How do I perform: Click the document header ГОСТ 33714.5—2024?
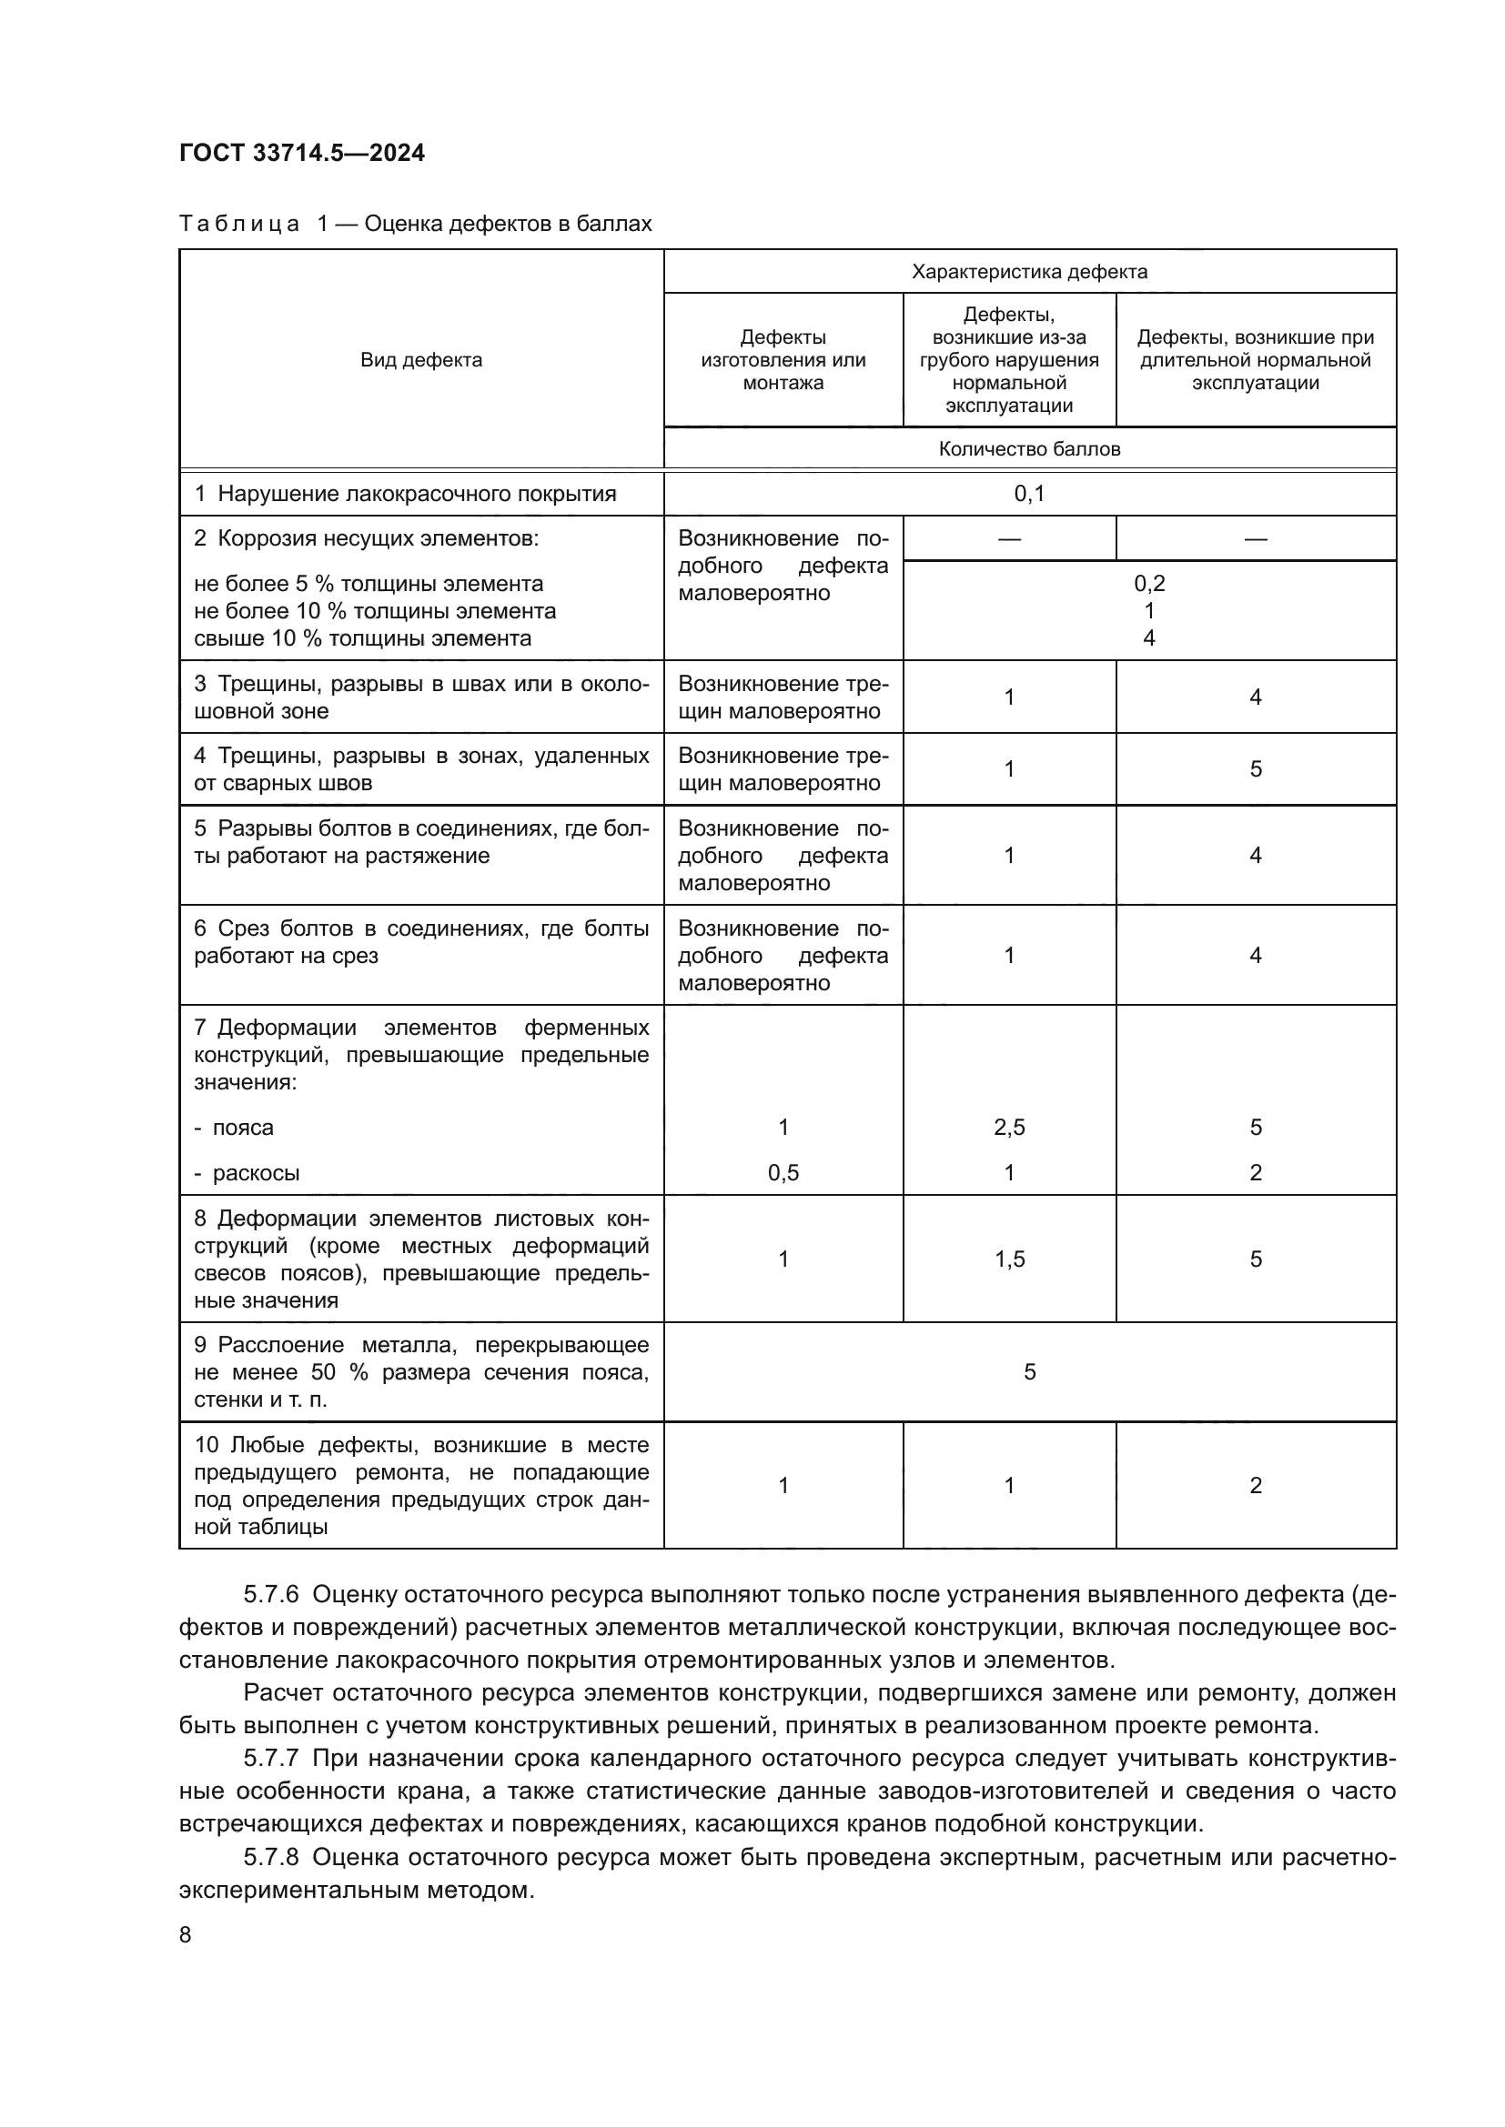coord(302,153)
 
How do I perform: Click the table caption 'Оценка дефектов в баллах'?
coord(508,225)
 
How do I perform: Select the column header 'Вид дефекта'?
coord(420,360)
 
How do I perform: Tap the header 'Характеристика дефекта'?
coord(1029,271)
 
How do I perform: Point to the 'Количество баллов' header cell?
coord(1029,449)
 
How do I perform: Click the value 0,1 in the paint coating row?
coord(1029,494)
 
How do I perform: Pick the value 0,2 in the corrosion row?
coord(1149,584)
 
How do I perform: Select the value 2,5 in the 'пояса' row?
coord(1009,1128)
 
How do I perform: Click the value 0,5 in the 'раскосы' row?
coord(783,1173)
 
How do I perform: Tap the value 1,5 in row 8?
coord(1009,1259)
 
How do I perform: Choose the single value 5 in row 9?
coord(1029,1372)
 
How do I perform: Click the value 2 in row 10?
coord(1255,1486)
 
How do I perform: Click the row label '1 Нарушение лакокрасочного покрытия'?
coord(405,494)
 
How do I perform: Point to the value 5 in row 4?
coord(1255,769)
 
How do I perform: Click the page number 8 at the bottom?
coord(186,1935)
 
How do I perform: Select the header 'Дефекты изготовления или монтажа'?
coord(783,360)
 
